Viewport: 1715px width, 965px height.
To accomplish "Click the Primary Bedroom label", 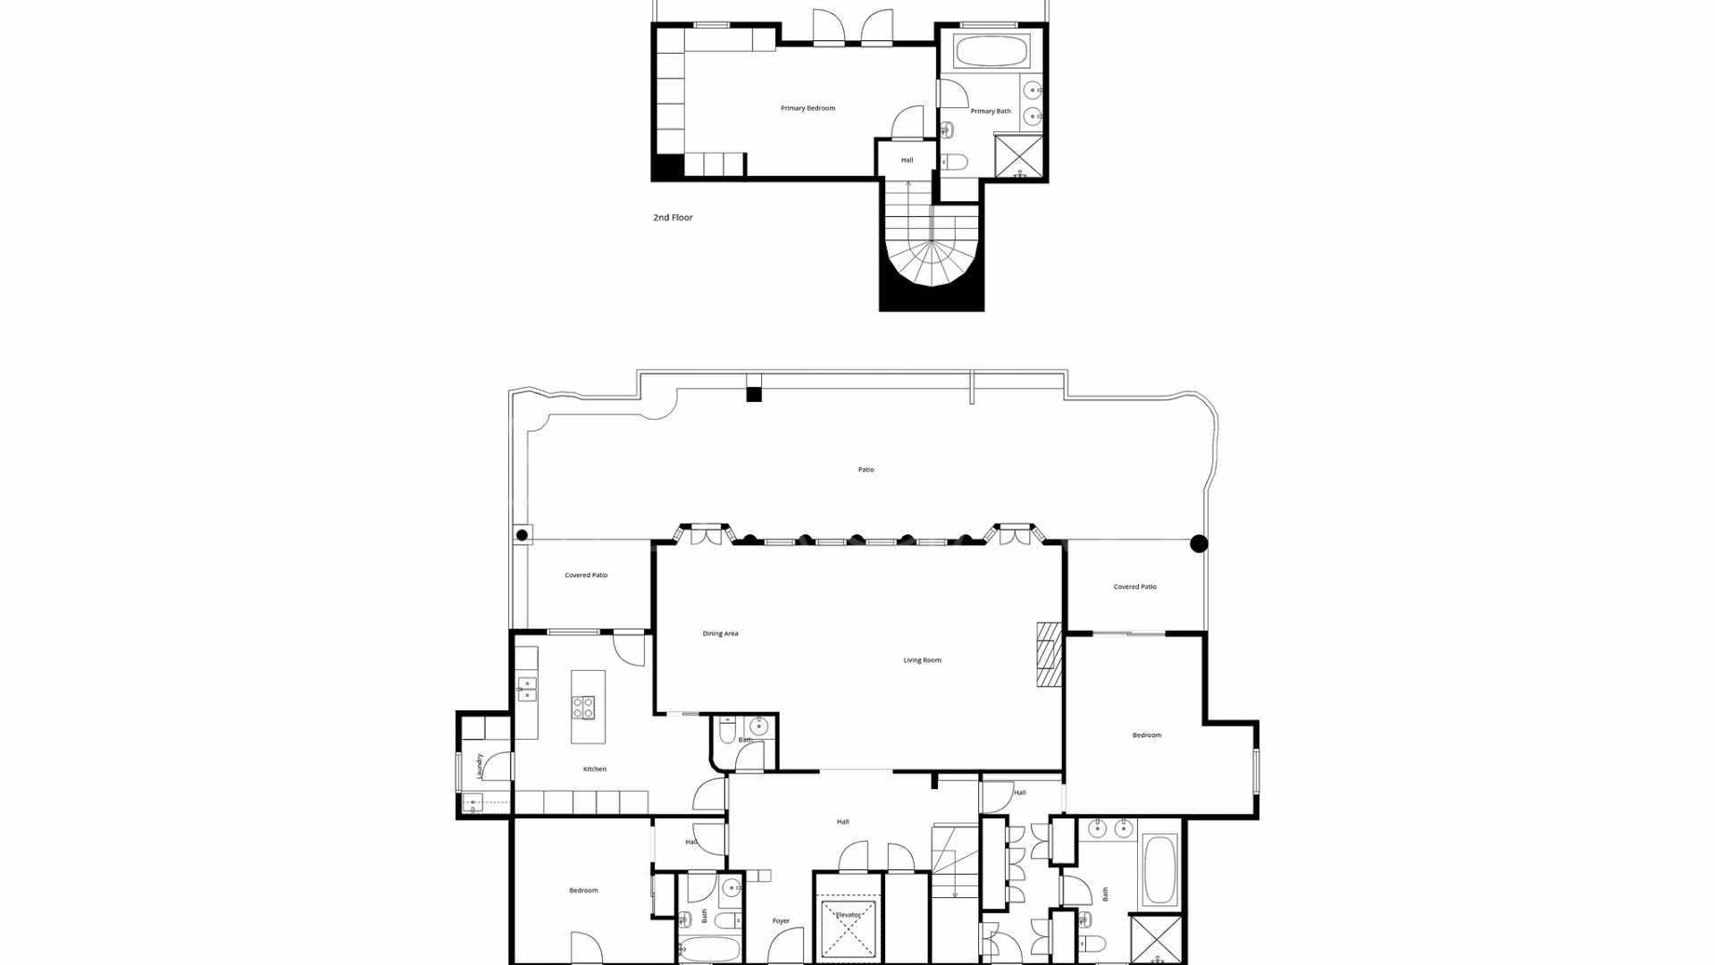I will [807, 108].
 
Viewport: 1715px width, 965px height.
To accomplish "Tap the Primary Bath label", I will [991, 112].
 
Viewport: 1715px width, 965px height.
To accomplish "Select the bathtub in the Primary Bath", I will [991, 51].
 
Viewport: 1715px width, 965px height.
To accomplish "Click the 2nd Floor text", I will [673, 218].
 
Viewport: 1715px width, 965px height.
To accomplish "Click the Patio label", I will [866, 470].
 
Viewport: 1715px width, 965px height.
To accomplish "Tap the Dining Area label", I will [720, 634].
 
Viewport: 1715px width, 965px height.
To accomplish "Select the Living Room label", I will [922, 660].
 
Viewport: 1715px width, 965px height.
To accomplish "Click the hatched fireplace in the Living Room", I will [1048, 653].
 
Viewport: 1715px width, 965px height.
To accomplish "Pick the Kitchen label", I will [595, 769].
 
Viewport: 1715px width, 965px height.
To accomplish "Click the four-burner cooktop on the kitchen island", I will [583, 708].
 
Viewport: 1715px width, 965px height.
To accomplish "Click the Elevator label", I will [848, 915].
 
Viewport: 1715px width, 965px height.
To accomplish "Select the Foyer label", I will [781, 921].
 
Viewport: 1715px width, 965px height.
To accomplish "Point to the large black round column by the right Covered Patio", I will [1199, 543].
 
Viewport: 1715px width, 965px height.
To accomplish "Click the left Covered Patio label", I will [586, 575].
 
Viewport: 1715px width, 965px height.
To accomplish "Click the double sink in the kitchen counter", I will [526, 689].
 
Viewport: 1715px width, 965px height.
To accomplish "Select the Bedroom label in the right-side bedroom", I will [1147, 735].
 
